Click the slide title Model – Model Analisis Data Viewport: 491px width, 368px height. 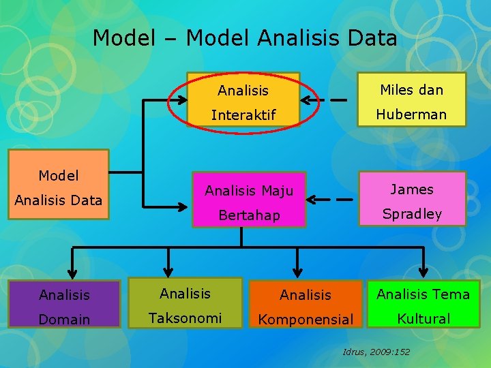coord(245,38)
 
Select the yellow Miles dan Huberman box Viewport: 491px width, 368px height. coord(412,100)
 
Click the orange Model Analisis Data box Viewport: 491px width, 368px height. coord(58,185)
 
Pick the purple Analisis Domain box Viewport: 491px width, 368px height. coord(64,306)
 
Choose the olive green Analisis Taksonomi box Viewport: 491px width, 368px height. coord(185,304)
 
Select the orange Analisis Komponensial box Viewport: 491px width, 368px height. coord(306,306)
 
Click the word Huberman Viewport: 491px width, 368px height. coord(412,114)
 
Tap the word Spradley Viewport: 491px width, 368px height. coord(412,214)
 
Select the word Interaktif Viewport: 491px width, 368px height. coord(243,115)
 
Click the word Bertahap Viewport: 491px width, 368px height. coord(249,216)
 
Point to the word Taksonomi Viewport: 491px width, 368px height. coord(185,318)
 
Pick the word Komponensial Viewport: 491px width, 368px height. coord(306,320)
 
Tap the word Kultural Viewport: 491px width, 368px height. coord(423,318)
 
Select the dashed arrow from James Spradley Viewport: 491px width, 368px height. coord(331,200)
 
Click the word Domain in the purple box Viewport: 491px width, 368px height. coord(64,320)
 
